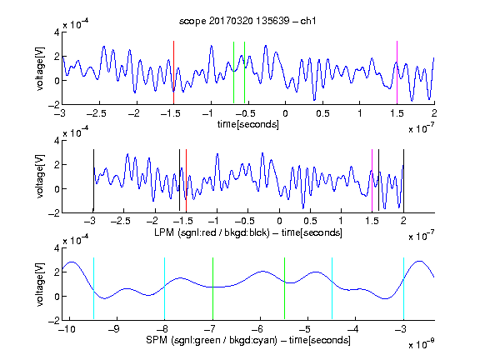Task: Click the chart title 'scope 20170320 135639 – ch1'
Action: click(247, 21)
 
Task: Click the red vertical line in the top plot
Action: click(173, 72)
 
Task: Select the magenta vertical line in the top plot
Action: click(397, 72)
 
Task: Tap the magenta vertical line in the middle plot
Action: click(372, 181)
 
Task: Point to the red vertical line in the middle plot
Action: click(186, 181)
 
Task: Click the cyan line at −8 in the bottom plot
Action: click(164, 288)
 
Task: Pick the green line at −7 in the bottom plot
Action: click(212, 288)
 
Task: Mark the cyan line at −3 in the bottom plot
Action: click(403, 288)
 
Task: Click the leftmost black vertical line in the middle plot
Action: click(93, 181)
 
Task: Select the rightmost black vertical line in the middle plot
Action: click(403, 181)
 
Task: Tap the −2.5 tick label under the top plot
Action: click(97, 113)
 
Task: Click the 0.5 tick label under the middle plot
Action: click(310, 221)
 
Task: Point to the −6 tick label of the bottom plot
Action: click(260, 329)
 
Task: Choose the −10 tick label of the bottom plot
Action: click(67, 329)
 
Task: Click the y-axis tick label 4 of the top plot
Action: click(57, 32)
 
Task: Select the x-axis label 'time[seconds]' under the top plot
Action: click(248, 124)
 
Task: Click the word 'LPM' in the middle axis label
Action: click(164, 232)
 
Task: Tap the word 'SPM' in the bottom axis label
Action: click(157, 340)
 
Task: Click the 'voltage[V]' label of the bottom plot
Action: click(40, 284)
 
